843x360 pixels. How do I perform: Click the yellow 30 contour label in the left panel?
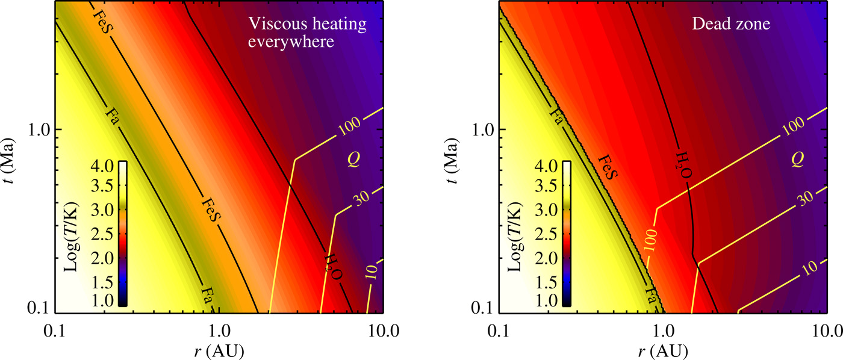click(362, 199)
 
